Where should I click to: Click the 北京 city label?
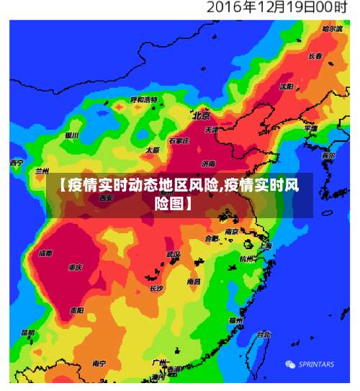point(201,114)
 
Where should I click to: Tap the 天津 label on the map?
point(212,130)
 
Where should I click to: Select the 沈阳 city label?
point(287,86)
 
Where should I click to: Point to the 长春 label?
point(315,55)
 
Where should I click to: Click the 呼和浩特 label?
point(143,99)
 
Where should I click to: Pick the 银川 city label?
point(72,135)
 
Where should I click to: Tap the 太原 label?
point(153,150)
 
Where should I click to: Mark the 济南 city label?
point(209,163)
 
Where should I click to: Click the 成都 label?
point(45,253)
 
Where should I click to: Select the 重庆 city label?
point(75,267)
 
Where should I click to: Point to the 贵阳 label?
point(76,310)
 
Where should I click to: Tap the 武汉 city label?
point(174,254)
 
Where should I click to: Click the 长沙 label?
point(156,288)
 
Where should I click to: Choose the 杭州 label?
point(247,259)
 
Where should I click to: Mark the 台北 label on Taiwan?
point(264,334)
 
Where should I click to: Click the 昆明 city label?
point(27,333)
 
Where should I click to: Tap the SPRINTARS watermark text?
point(316,364)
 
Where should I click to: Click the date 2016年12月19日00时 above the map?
point(277,9)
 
